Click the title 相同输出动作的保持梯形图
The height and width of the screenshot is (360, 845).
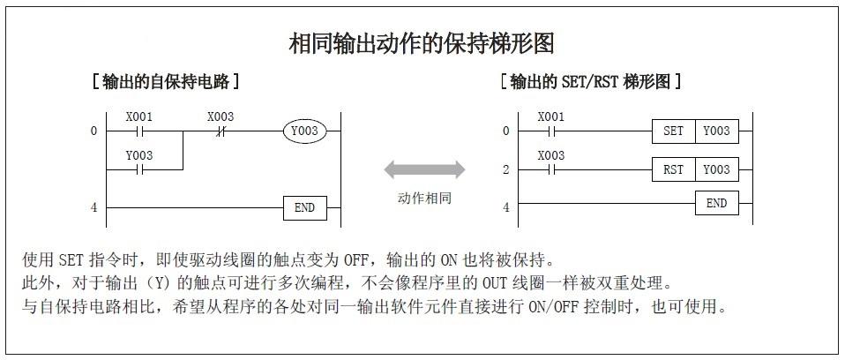(x=422, y=42)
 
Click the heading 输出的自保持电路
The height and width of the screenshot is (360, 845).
(x=167, y=82)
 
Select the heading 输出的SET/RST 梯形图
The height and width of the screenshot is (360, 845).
(x=590, y=82)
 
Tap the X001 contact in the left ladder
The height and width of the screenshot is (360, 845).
(x=137, y=131)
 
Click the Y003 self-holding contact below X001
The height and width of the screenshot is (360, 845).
(x=137, y=169)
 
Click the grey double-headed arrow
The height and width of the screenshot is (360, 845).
(x=424, y=169)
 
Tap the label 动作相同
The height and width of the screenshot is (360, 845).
(x=424, y=198)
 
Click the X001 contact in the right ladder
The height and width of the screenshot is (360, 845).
(x=550, y=131)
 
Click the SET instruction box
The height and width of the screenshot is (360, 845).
(x=673, y=131)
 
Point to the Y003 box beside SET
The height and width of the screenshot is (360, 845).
(x=716, y=131)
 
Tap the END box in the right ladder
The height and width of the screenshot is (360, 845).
(x=716, y=204)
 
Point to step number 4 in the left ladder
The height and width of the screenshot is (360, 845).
(x=93, y=208)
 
